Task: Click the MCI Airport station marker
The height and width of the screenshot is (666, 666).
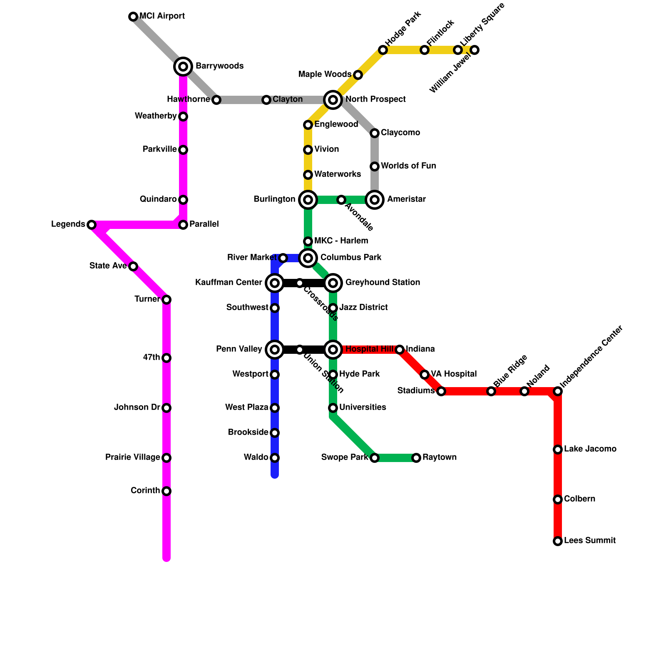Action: [x=133, y=17]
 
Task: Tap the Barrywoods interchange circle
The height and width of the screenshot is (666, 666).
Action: [x=183, y=67]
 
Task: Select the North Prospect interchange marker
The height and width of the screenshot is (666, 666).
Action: [x=333, y=100]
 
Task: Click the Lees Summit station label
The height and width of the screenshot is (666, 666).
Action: [x=589, y=541]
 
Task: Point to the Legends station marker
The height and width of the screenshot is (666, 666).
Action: [x=92, y=225]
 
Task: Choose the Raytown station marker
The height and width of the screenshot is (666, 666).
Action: [x=416, y=458]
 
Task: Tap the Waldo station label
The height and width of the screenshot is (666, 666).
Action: [x=256, y=457]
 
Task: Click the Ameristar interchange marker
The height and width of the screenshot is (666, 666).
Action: [x=375, y=200]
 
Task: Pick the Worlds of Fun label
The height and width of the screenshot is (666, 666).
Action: [x=408, y=166]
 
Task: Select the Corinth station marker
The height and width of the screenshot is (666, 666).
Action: [x=166, y=491]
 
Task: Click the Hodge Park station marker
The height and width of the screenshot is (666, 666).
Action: [x=383, y=50]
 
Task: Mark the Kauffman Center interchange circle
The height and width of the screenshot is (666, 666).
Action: [x=275, y=283]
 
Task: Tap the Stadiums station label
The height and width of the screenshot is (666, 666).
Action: [x=415, y=391]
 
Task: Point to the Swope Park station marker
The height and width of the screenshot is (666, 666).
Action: [x=375, y=458]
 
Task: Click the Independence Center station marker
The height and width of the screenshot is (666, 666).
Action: [x=558, y=391]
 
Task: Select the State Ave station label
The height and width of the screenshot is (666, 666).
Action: [x=108, y=266]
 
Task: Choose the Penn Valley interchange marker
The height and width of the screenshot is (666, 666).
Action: [x=275, y=350]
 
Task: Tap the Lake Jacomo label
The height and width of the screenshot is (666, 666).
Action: [x=590, y=449]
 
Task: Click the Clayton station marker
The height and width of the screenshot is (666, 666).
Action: [x=266, y=100]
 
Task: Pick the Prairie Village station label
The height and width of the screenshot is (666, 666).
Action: [x=132, y=457]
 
